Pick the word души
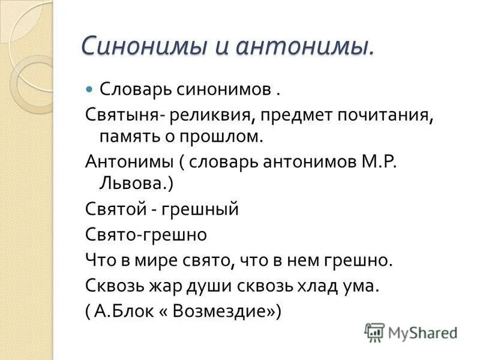click(225, 286)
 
